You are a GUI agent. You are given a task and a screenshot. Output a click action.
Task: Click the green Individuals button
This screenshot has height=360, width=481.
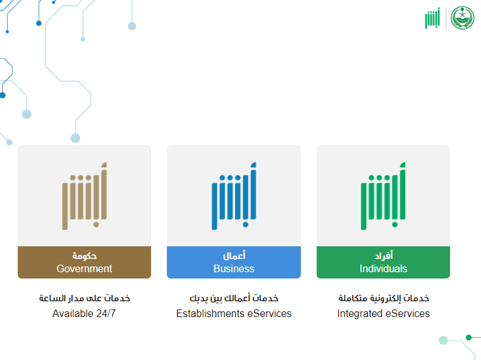(x=383, y=262)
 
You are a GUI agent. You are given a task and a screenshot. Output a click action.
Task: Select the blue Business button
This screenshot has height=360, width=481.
(x=234, y=262)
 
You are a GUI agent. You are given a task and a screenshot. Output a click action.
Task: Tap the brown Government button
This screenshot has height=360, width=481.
(x=84, y=262)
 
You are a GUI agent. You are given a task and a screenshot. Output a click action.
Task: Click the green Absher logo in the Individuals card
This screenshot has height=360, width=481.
(x=383, y=196)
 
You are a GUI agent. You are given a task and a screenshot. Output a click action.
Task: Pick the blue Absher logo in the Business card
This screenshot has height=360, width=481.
(x=234, y=196)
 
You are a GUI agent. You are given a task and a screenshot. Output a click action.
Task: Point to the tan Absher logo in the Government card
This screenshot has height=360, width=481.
(x=84, y=196)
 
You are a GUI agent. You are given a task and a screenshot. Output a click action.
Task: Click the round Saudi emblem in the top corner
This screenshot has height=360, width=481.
(x=462, y=18)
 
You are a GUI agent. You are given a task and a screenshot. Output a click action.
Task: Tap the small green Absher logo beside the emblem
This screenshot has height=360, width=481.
(x=432, y=18)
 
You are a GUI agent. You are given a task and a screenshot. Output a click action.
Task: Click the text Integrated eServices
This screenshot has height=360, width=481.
(x=383, y=313)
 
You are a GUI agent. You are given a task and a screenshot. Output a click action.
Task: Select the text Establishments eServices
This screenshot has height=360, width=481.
(x=234, y=313)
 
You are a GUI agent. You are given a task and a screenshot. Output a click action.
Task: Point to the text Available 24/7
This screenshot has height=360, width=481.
(x=84, y=313)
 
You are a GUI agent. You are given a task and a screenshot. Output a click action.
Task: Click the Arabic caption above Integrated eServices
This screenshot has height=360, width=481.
(x=384, y=298)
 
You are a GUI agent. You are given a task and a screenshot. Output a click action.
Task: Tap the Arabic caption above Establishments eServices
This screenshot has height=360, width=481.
(x=234, y=298)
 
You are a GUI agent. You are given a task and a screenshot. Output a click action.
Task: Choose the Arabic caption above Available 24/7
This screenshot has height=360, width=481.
(x=84, y=298)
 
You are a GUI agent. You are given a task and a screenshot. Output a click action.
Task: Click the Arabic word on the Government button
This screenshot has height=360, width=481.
(x=84, y=255)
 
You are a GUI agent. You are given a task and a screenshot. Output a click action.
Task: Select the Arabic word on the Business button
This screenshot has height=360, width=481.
(x=234, y=255)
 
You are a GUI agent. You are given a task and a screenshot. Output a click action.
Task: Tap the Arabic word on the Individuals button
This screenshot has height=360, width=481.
(x=384, y=255)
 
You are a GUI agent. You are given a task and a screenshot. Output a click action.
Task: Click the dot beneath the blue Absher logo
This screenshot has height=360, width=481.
(x=245, y=224)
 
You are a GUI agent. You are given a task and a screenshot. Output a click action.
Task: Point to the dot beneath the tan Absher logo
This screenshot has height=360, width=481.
(x=96, y=224)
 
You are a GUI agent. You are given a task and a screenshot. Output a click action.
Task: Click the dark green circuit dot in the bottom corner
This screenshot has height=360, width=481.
(x=468, y=338)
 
